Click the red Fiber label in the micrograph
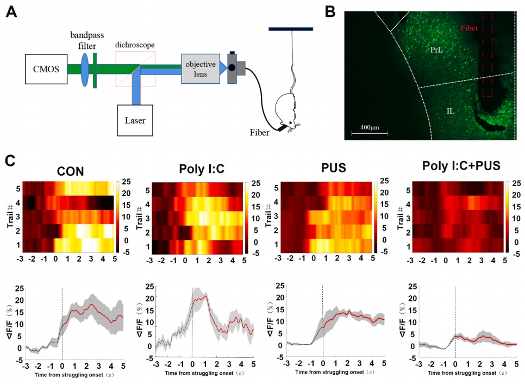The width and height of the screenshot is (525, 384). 470,27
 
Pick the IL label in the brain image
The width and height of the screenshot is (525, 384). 451,111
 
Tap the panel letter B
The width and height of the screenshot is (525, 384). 330,10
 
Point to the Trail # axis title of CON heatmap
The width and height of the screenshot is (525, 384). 10,215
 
